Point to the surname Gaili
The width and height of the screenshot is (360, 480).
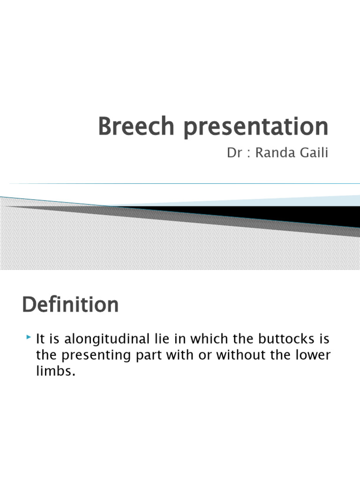pyautogui.click(x=313, y=154)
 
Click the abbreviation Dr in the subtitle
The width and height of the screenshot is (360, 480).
pyautogui.click(x=234, y=154)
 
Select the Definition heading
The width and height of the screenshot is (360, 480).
pyautogui.click(x=70, y=305)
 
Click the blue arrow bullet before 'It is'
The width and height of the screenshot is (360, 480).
pyautogui.click(x=29, y=337)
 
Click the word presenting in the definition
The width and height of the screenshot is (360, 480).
pyautogui.click(x=89, y=355)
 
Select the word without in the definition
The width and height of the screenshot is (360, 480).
pyautogui.click(x=234, y=355)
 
